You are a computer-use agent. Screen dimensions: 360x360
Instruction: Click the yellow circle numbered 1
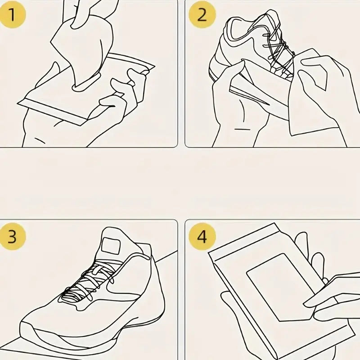pos(12,15)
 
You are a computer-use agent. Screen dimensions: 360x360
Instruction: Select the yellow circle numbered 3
pos(12,237)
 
